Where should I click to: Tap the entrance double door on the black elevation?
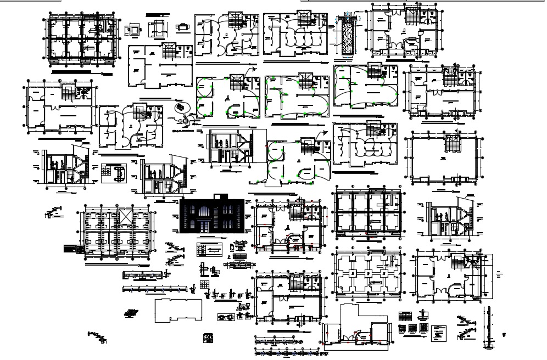(x=203, y=227)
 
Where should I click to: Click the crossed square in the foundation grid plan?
(x=125, y=216)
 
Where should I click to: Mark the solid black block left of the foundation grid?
(x=68, y=248)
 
